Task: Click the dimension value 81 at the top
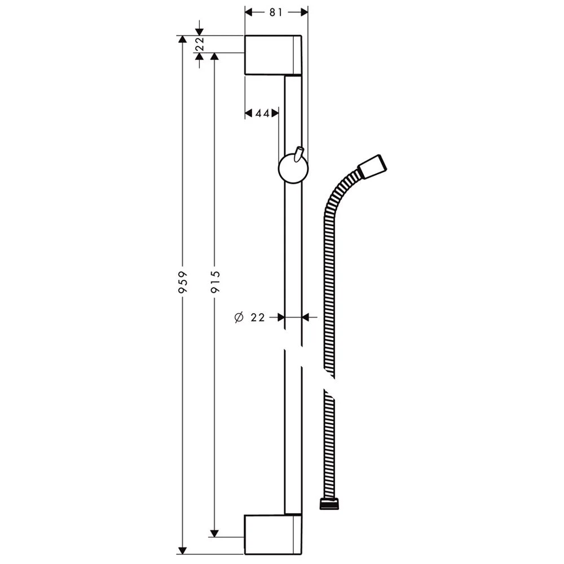point(276,13)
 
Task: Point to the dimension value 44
point(262,113)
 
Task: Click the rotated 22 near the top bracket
point(199,45)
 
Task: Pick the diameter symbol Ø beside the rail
point(238,318)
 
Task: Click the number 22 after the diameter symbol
point(258,318)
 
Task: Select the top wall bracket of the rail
point(273,55)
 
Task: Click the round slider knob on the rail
point(293,170)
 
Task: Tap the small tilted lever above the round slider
point(300,153)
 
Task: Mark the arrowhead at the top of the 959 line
point(182,39)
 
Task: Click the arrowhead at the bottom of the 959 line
point(182,550)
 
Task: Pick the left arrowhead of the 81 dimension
point(249,12)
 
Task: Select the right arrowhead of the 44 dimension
point(275,113)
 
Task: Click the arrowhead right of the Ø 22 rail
point(306,318)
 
